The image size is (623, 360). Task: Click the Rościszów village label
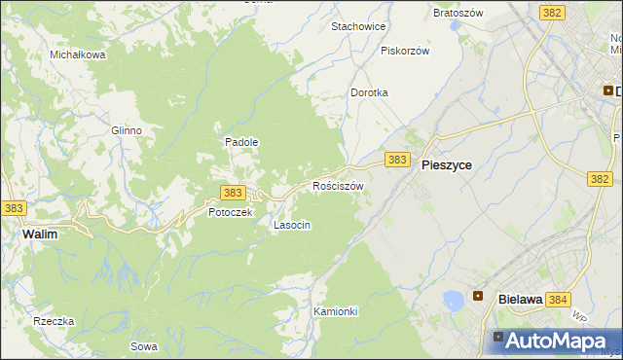click(x=338, y=185)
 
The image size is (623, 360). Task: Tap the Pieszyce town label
click(x=447, y=165)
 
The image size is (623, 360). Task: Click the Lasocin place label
click(x=292, y=225)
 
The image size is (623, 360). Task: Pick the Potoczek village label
click(x=231, y=212)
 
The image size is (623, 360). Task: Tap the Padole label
click(x=241, y=141)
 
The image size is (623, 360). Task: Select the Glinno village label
click(x=127, y=130)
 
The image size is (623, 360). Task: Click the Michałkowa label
click(x=78, y=54)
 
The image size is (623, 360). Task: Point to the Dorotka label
click(x=369, y=92)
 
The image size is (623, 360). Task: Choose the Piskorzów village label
click(x=405, y=51)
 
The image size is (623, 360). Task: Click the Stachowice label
click(x=358, y=26)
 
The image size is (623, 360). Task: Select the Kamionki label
click(x=337, y=311)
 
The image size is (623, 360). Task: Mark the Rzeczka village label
click(x=54, y=321)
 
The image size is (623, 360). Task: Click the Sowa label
click(x=142, y=346)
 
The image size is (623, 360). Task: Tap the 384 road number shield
click(x=558, y=301)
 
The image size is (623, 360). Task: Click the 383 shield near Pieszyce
click(x=396, y=159)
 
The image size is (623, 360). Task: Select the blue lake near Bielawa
click(x=453, y=300)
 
